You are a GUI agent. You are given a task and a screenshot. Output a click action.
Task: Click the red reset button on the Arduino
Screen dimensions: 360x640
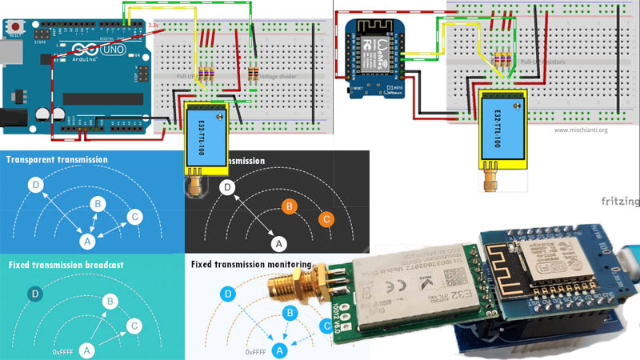click(x=15, y=26)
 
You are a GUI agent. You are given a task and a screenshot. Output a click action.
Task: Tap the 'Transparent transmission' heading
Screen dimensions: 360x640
click(x=57, y=160)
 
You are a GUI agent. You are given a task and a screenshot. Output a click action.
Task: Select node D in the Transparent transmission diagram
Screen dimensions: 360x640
click(x=34, y=185)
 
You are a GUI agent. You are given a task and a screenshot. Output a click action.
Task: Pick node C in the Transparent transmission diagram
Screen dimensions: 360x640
click(x=135, y=216)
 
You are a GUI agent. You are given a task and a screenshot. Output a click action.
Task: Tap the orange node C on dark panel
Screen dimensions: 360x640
click(x=326, y=218)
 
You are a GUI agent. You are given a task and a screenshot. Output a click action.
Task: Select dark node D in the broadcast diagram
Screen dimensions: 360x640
click(x=34, y=294)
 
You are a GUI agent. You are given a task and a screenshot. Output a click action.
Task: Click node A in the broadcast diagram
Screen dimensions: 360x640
click(x=87, y=350)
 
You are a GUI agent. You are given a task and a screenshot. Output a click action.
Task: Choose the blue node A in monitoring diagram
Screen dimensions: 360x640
click(x=279, y=350)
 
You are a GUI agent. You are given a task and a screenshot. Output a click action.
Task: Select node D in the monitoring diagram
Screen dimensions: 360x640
click(x=229, y=294)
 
